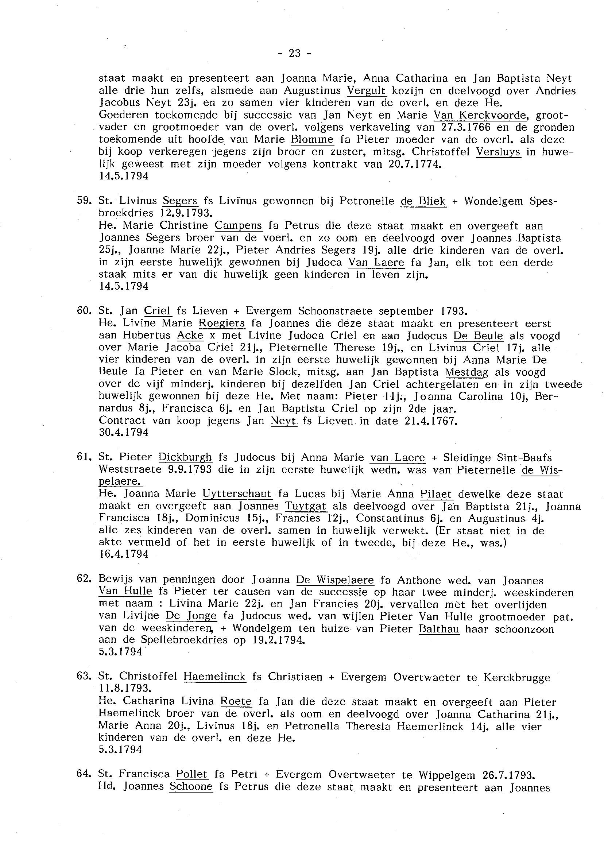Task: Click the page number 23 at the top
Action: (x=294, y=54)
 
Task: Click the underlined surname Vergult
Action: (x=367, y=90)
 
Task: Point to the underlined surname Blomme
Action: (x=312, y=139)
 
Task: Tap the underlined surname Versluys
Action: (x=498, y=152)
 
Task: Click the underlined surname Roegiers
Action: (x=222, y=323)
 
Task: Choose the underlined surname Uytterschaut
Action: (x=237, y=494)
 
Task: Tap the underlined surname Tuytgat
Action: (x=306, y=506)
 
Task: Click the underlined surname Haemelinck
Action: (x=214, y=677)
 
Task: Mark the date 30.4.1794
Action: (x=124, y=433)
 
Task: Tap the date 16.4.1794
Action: (x=124, y=554)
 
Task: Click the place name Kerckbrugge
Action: (x=516, y=677)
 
